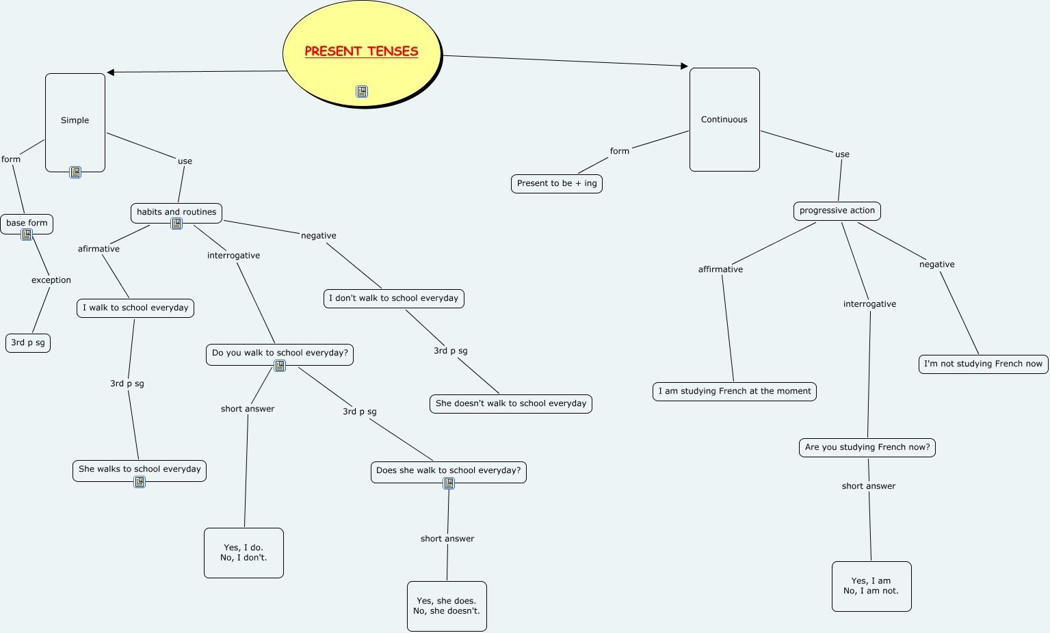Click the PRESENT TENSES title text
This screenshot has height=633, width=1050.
tap(361, 51)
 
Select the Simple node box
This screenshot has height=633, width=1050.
tap(75, 121)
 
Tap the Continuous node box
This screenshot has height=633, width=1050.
tap(724, 120)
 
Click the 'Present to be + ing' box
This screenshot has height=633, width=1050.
tap(557, 183)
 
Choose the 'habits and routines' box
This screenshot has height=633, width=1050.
tap(176, 212)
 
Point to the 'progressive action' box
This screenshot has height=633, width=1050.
tap(837, 211)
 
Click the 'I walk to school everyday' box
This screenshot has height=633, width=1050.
tap(135, 308)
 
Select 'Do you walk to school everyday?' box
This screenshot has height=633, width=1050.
tap(280, 353)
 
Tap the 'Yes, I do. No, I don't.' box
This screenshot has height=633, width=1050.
tap(244, 552)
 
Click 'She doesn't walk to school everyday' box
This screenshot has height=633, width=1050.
tap(511, 403)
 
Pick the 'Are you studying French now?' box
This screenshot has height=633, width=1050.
tap(867, 447)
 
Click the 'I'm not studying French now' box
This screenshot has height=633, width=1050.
tap(983, 364)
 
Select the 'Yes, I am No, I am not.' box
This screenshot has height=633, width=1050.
tap(871, 586)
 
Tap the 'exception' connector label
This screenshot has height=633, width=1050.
tap(51, 280)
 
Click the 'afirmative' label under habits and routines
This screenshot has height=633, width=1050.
tap(99, 249)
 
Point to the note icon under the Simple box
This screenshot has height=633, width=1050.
tap(75, 173)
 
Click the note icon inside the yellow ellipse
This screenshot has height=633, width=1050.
tap(362, 92)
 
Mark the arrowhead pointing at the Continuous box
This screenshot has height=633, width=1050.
tap(684, 66)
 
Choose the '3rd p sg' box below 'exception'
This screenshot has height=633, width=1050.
tap(28, 342)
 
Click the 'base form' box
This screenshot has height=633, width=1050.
tap(27, 223)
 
